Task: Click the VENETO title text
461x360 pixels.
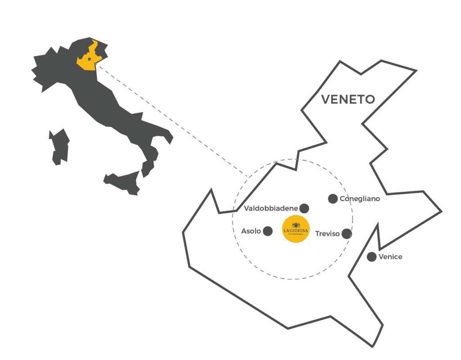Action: click(x=348, y=99)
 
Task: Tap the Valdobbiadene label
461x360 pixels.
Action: click(x=271, y=208)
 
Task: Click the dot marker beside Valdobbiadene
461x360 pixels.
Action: click(x=304, y=208)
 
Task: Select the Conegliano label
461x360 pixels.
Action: click(x=360, y=198)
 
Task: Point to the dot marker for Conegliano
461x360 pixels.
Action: click(x=333, y=198)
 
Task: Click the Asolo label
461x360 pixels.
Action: click(x=251, y=231)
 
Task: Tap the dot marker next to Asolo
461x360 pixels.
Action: click(x=267, y=231)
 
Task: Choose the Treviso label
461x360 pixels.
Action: click(x=327, y=234)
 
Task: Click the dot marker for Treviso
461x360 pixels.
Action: click(x=346, y=234)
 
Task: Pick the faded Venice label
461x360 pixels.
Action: click(x=390, y=257)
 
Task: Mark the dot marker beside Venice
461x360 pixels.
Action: click(x=371, y=257)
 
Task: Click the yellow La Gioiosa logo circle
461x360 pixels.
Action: click(x=296, y=229)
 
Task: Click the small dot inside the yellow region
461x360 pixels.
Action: click(x=90, y=59)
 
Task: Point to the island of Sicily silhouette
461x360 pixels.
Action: click(x=122, y=183)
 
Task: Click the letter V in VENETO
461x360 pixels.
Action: click(x=326, y=99)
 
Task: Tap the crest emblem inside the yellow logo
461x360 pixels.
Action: click(x=296, y=225)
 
